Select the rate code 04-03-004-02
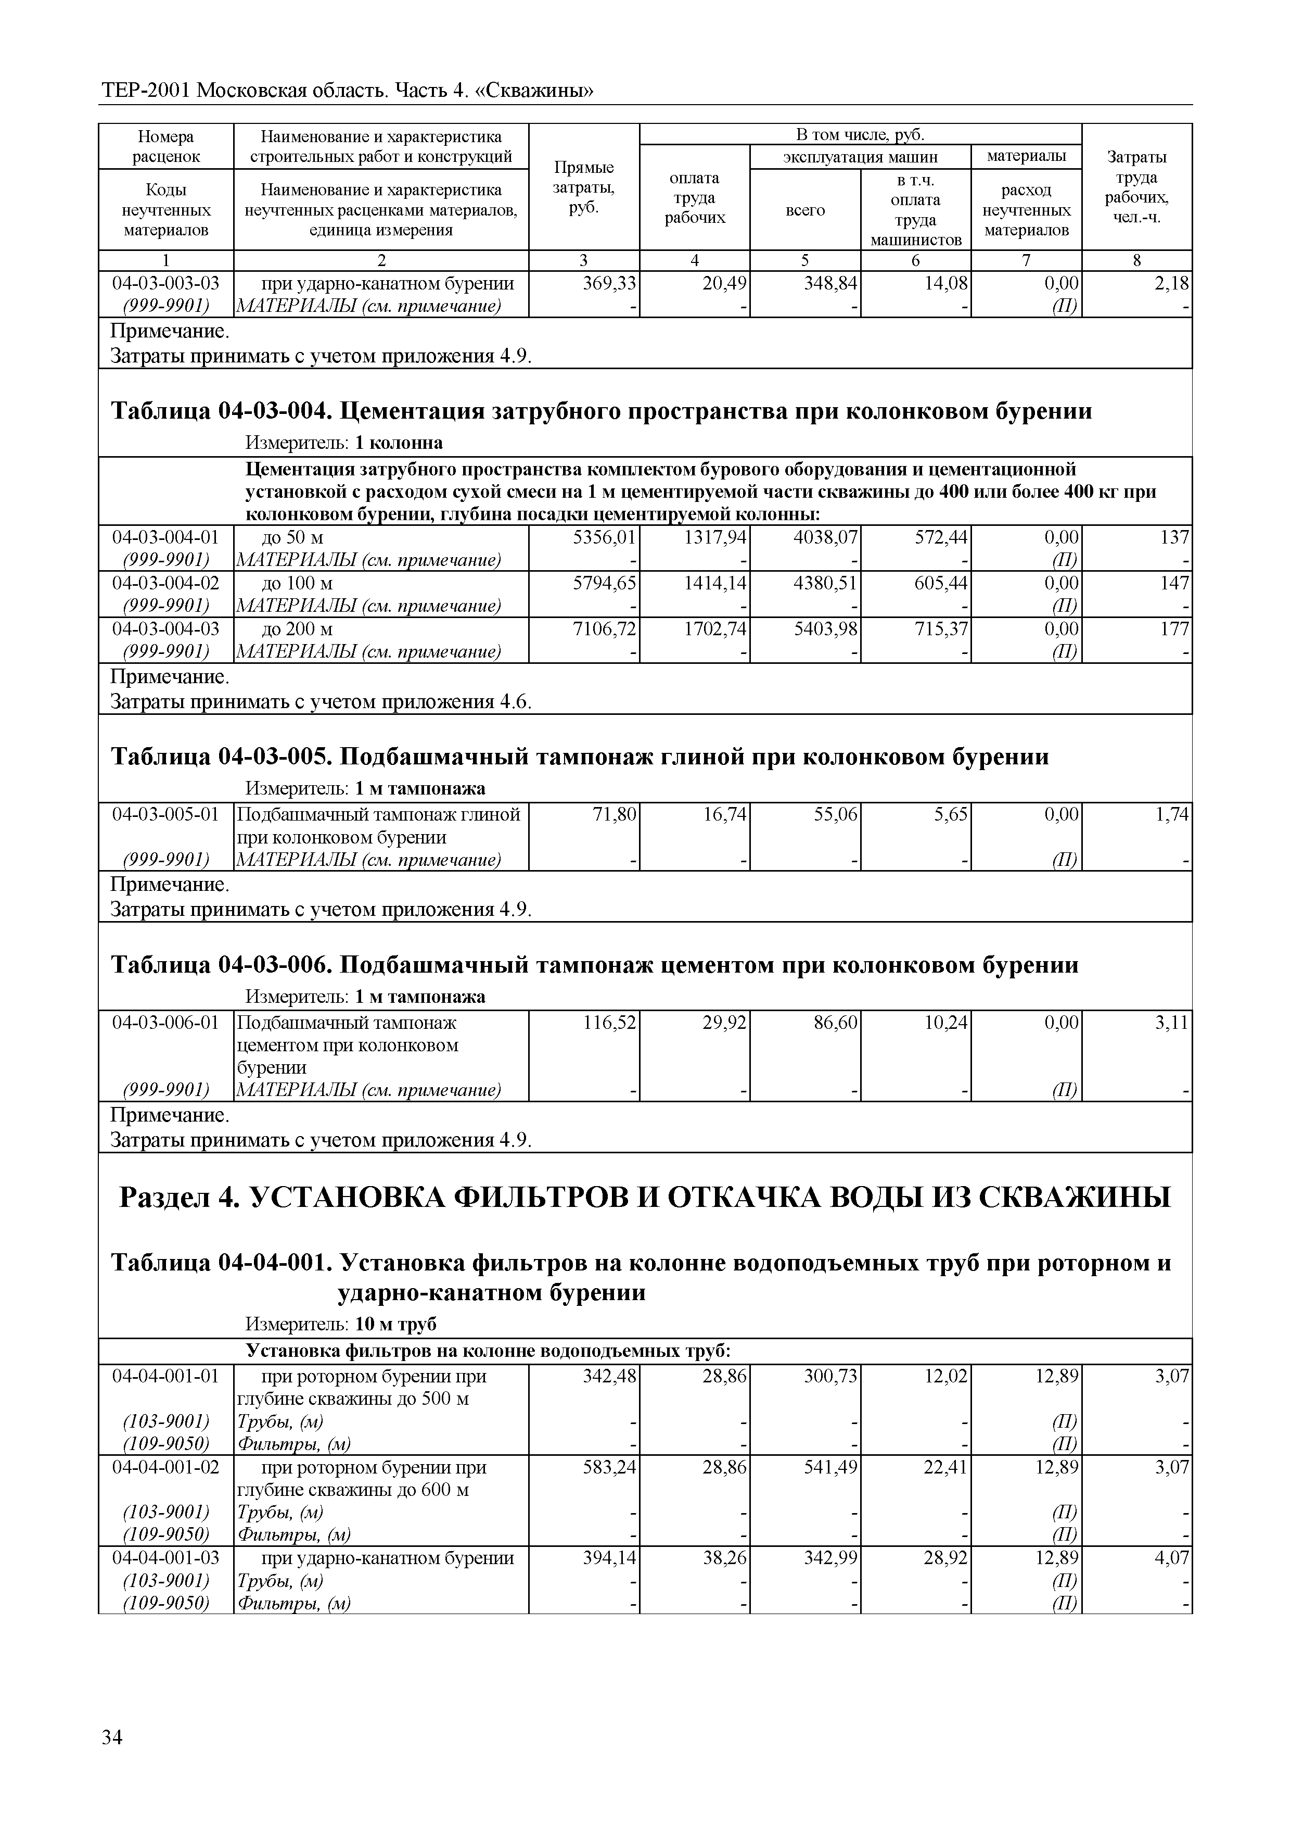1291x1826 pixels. pyautogui.click(x=165, y=584)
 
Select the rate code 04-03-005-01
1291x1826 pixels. pyautogui.click(x=165, y=814)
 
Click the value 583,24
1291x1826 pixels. pyautogui.click(x=610, y=1467)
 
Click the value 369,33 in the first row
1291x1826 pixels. pyautogui.click(x=610, y=284)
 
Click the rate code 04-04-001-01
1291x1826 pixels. pyautogui.click(x=165, y=1377)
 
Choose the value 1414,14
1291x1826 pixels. pyautogui.click(x=715, y=584)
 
